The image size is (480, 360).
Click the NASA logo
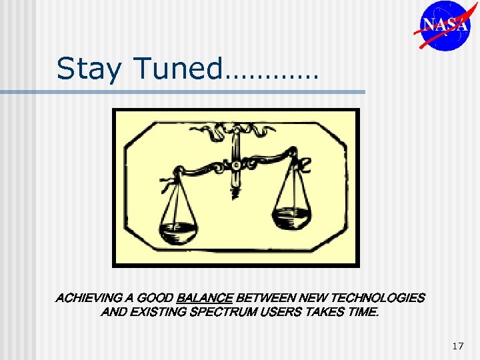(445, 25)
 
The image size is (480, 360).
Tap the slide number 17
(457, 346)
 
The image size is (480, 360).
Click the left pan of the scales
(177, 231)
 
